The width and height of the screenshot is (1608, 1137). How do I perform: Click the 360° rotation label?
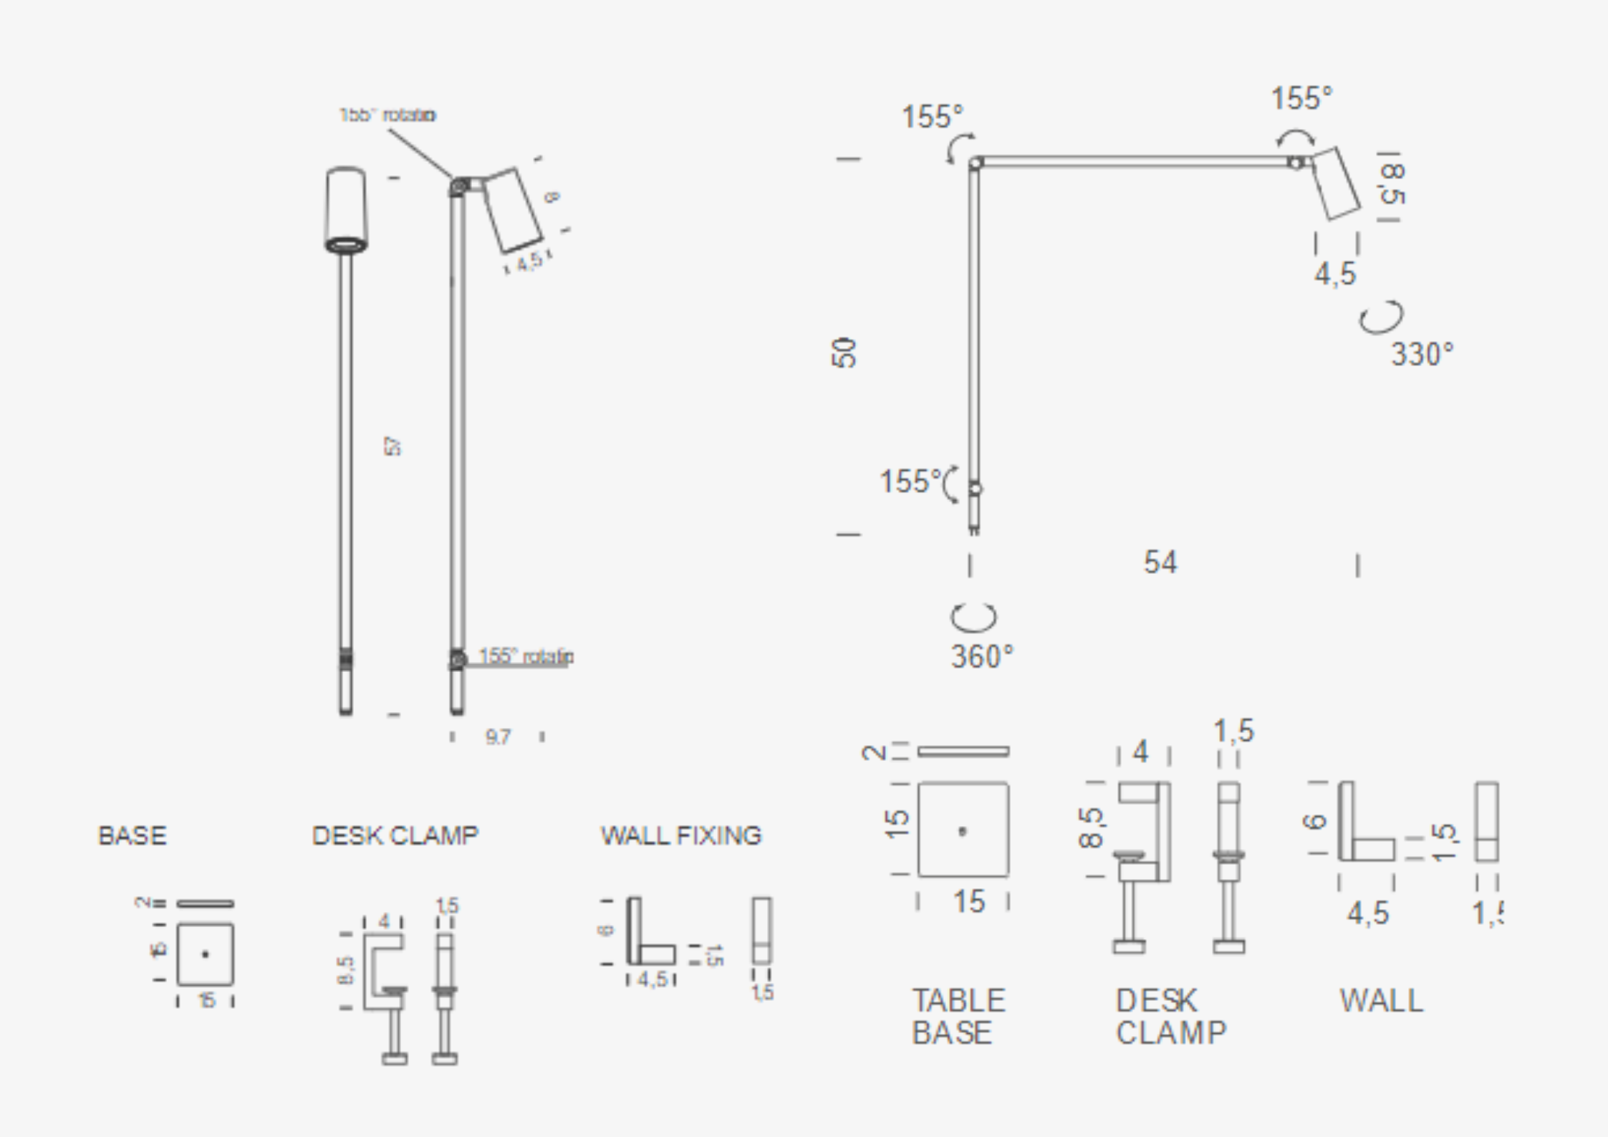click(x=982, y=656)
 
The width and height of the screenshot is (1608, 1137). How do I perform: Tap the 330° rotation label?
click(x=1422, y=355)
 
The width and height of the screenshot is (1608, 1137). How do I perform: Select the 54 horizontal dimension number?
click(x=1160, y=562)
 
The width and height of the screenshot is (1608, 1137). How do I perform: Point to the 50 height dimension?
click(x=845, y=352)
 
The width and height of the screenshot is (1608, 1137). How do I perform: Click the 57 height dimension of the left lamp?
click(x=393, y=446)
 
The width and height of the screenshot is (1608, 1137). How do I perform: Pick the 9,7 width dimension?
click(x=498, y=737)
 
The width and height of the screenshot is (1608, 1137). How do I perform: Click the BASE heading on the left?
click(x=133, y=835)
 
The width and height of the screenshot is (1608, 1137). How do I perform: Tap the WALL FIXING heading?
click(x=681, y=835)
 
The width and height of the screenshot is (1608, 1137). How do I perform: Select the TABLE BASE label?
click(x=958, y=1017)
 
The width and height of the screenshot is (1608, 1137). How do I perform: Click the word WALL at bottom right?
click(x=1382, y=1001)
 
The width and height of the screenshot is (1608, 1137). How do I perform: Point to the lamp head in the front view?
click(x=346, y=209)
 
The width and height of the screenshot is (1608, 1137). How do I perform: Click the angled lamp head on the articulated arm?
click(x=1336, y=183)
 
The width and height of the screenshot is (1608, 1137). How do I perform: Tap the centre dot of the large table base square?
click(x=963, y=831)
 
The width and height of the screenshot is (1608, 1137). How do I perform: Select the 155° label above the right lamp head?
click(x=1301, y=98)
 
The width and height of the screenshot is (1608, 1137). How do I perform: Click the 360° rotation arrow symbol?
click(x=973, y=617)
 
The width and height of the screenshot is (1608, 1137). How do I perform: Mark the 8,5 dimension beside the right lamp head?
click(x=1392, y=184)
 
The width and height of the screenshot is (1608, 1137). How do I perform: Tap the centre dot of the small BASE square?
click(x=206, y=954)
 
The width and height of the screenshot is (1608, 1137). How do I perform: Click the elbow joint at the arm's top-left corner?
click(x=975, y=163)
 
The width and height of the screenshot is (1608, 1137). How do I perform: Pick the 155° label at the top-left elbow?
click(x=932, y=117)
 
